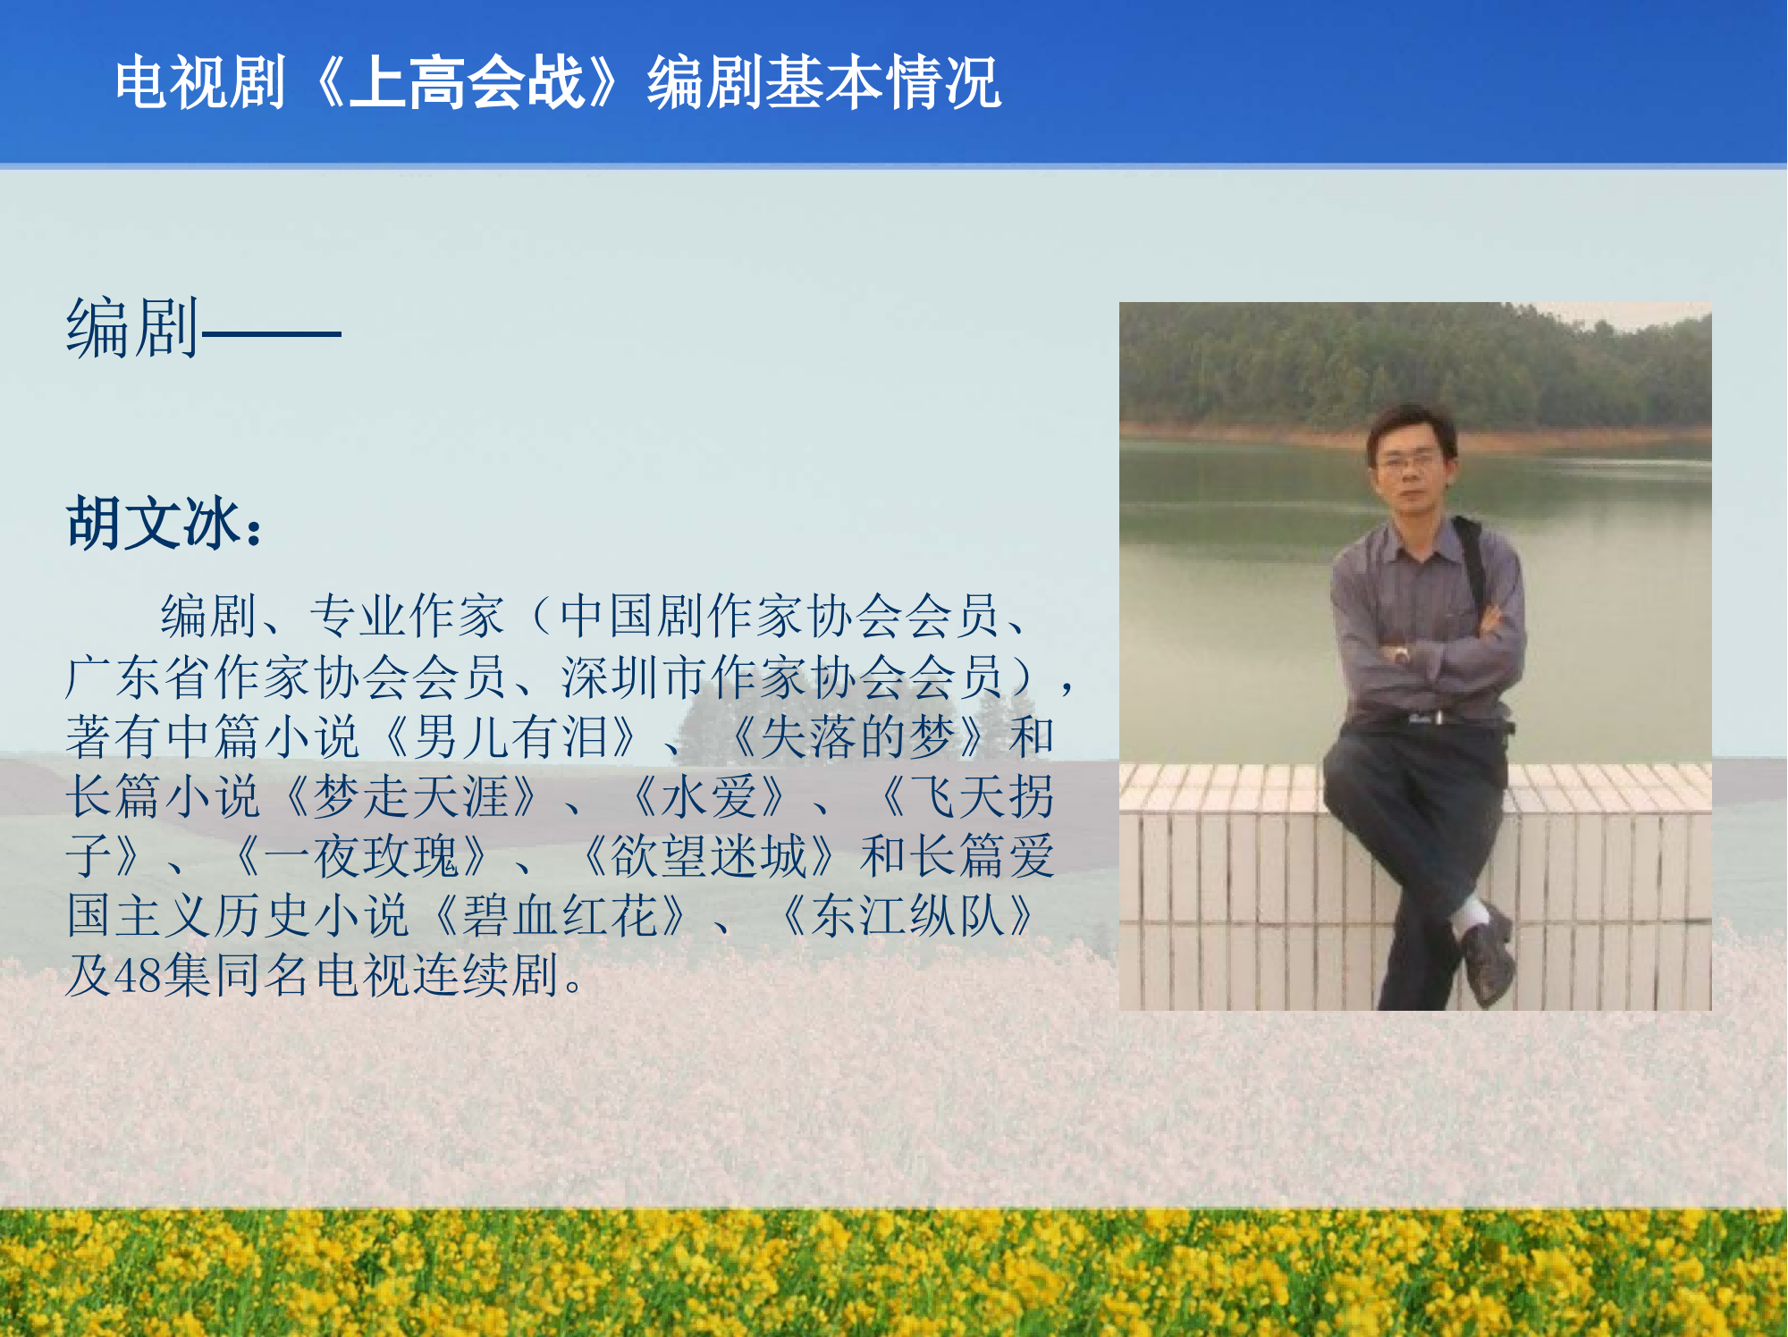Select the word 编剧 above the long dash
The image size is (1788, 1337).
tap(132, 329)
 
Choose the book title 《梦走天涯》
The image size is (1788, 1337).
tap(412, 796)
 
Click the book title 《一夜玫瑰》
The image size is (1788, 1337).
tap(362, 855)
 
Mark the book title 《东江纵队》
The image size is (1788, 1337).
tap(907, 915)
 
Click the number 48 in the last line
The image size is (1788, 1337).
tap(138, 975)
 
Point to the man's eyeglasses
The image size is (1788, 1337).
tap(1409, 461)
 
